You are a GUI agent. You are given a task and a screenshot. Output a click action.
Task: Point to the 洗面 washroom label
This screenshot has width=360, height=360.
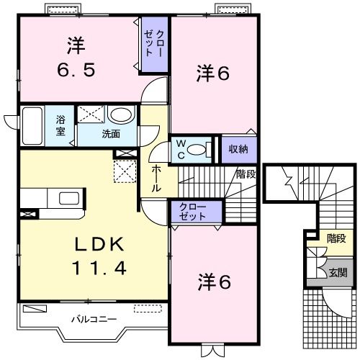tap(109, 133)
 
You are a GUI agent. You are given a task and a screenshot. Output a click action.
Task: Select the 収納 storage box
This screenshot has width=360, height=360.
tap(238, 148)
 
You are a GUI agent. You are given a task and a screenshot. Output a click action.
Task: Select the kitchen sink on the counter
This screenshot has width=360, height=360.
tap(70, 199)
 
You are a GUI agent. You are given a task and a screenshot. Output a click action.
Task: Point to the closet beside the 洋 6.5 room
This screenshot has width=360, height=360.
tap(153, 45)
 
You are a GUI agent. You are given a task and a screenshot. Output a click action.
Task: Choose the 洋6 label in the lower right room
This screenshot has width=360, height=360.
tap(214, 283)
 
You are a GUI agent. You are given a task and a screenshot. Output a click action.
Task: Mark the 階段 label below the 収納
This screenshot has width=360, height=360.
tap(246, 173)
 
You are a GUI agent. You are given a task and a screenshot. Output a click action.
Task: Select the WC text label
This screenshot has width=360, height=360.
tap(181, 150)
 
